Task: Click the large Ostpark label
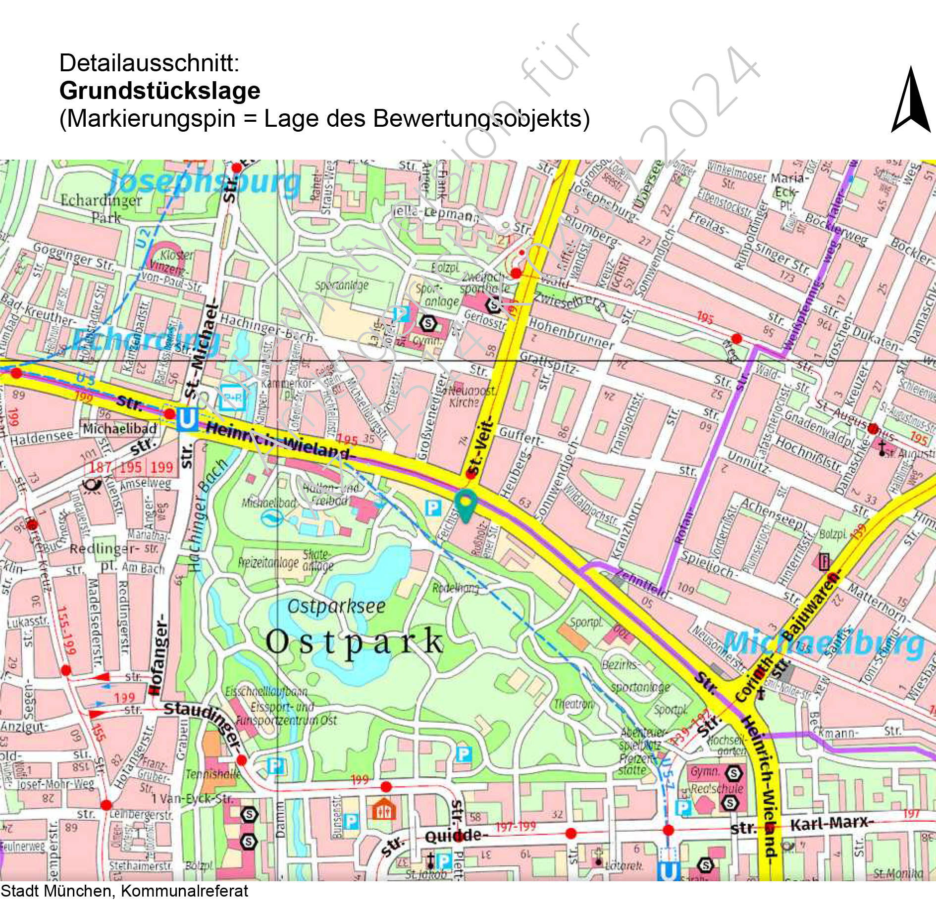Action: [354, 642]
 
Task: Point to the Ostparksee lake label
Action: [336, 606]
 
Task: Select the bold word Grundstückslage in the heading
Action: [159, 91]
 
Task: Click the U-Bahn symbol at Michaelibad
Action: [187, 419]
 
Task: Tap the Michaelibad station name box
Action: [119, 429]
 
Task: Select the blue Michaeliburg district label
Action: [823, 644]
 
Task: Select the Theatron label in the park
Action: [573, 703]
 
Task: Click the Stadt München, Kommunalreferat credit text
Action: [124, 891]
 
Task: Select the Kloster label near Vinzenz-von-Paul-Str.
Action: [177, 255]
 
